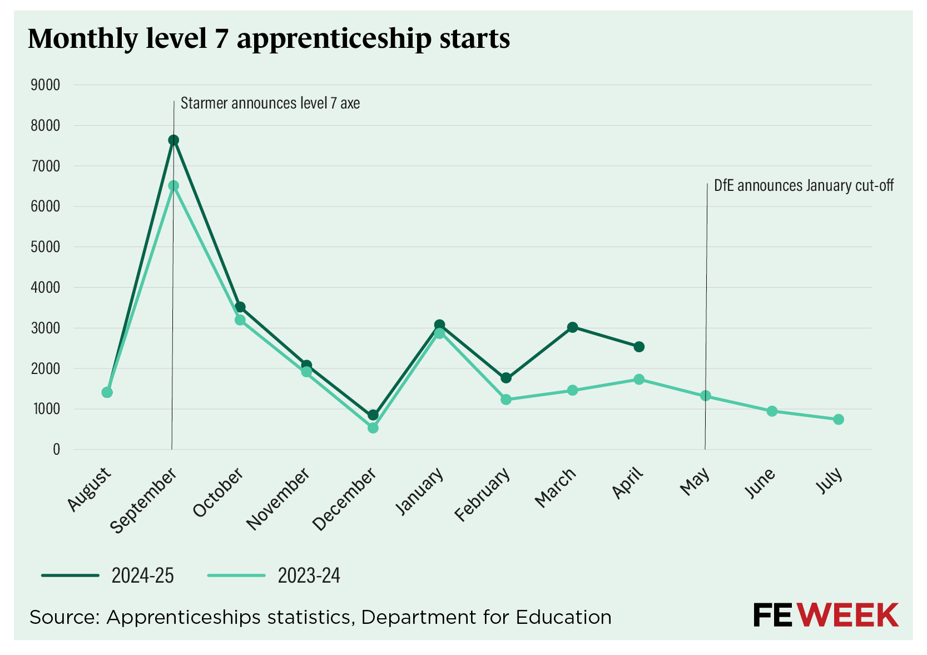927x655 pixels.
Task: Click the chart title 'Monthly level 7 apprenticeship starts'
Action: [269, 39]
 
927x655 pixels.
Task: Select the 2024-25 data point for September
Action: [173, 140]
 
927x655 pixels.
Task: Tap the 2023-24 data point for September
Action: [173, 186]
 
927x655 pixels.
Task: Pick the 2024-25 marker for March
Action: [572, 327]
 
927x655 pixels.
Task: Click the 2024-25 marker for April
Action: [639, 347]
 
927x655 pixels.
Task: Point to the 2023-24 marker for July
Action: [838, 420]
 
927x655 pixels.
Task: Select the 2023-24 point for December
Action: [373, 428]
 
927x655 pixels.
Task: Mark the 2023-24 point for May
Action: [705, 396]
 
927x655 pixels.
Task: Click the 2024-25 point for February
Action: [506, 378]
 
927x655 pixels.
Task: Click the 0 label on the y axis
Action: [56, 450]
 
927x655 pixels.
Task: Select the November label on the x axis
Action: [278, 499]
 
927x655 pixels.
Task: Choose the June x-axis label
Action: [760, 483]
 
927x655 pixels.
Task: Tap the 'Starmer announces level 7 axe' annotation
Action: [270, 104]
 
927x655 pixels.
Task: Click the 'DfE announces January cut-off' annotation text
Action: [804, 186]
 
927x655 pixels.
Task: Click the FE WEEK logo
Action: [825, 615]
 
